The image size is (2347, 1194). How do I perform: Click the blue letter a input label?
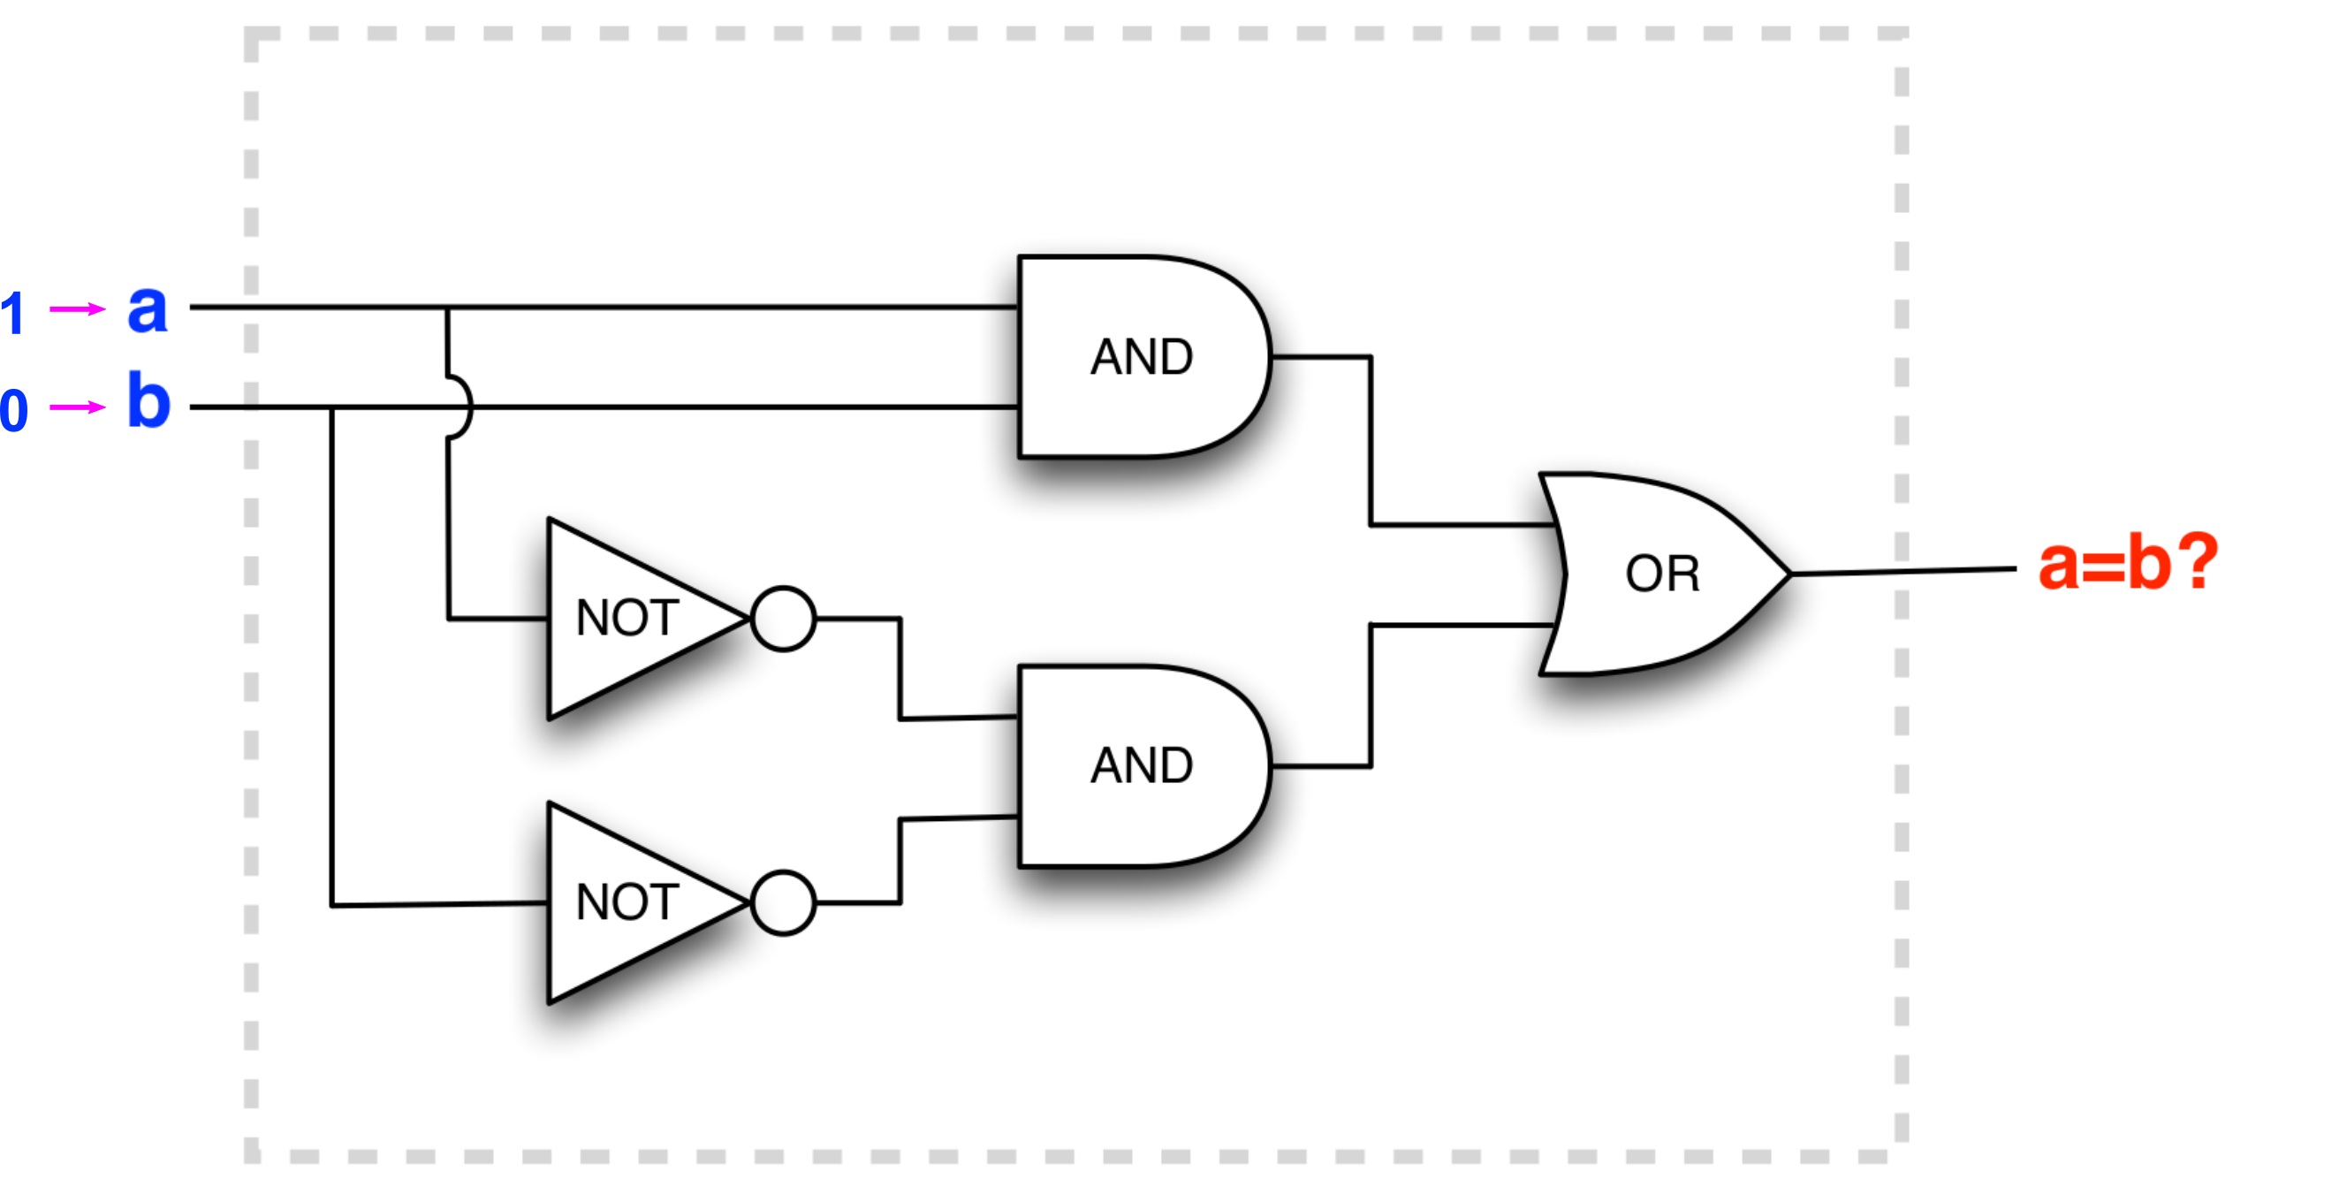(148, 310)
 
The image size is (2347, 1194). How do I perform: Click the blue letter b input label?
(148, 401)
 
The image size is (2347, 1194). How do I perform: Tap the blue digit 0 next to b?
(13, 410)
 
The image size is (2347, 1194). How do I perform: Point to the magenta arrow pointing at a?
(77, 310)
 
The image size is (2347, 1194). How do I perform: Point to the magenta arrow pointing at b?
(77, 407)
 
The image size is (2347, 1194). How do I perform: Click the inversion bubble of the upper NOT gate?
(784, 619)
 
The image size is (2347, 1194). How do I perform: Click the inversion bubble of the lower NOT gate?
(784, 903)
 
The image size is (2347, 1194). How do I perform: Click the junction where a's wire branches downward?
(447, 308)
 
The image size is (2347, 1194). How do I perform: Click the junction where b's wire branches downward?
(332, 407)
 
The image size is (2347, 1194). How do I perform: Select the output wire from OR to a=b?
(1904, 572)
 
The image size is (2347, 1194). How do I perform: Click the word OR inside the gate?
(1662, 574)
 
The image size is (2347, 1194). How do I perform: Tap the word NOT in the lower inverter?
(627, 903)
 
